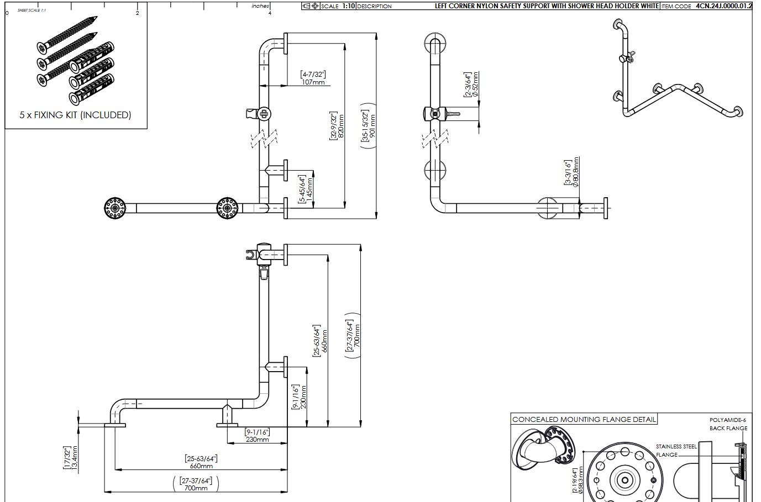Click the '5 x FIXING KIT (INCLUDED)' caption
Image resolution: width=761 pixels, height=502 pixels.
point(75,115)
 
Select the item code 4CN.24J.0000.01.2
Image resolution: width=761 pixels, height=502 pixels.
point(723,6)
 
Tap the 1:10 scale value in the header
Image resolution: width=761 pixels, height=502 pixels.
point(348,6)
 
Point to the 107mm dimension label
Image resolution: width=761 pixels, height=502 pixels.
point(313,82)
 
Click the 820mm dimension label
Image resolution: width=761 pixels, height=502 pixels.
point(340,126)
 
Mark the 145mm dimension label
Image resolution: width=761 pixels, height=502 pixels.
point(309,188)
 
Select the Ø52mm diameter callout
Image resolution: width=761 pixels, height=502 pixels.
point(475,84)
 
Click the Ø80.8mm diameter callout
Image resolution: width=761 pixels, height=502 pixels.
point(576,172)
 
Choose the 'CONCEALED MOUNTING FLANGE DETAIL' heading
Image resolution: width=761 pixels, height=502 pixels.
point(584,420)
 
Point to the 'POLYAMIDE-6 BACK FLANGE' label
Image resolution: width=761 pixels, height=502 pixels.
point(728,424)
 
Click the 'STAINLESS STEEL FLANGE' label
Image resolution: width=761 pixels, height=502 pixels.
point(676,451)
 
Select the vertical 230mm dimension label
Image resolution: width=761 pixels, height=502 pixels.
point(303,397)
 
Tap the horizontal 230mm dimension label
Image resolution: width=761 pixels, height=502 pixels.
point(257,440)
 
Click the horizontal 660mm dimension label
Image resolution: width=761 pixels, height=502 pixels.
point(201,466)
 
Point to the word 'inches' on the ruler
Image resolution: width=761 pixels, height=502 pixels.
point(260,6)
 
